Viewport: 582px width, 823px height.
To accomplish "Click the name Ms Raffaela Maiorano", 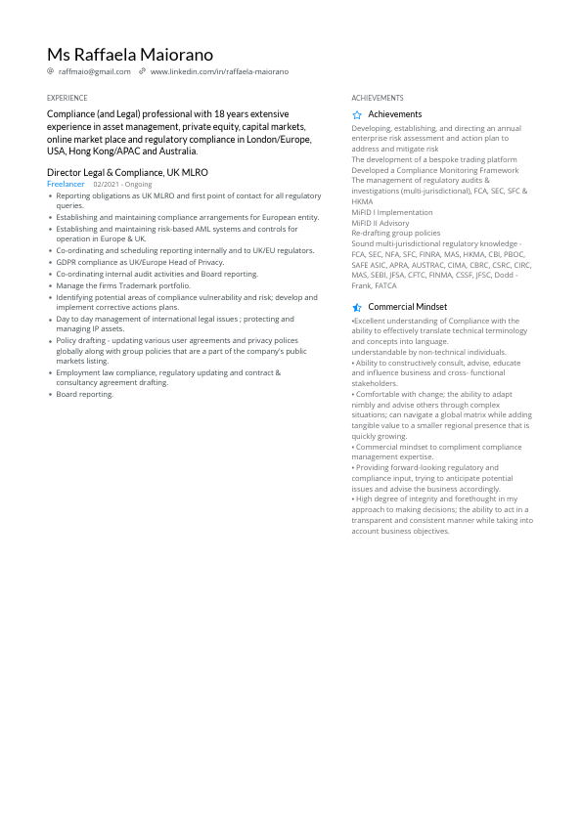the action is [x=129, y=55].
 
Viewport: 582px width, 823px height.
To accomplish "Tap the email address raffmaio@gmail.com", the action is [x=94, y=71].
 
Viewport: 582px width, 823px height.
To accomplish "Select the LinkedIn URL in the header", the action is [x=219, y=71].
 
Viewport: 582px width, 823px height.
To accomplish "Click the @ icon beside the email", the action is [x=51, y=71].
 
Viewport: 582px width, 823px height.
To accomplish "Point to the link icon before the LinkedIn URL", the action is [x=142, y=71].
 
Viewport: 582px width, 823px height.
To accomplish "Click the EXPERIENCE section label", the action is [x=67, y=98].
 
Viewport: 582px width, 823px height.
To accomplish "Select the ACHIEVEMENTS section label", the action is [x=377, y=98].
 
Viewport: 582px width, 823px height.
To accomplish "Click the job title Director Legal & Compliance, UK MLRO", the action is [x=127, y=172].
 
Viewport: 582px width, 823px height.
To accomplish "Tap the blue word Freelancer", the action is [x=66, y=184].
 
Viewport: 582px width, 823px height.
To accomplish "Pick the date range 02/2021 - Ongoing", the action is [x=122, y=184].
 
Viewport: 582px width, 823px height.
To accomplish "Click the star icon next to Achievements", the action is [x=357, y=114].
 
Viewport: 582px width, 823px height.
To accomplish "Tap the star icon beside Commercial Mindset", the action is [x=357, y=307].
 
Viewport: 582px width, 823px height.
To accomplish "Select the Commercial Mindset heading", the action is [x=407, y=307].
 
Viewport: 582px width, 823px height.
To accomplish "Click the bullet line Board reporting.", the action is [x=84, y=394].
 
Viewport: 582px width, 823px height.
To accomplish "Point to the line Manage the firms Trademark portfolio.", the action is [x=123, y=285].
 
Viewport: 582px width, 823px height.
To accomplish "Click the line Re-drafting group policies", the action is [x=395, y=234].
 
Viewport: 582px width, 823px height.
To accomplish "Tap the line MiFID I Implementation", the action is [x=391, y=212].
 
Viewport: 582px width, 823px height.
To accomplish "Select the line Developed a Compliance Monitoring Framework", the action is [x=435, y=170].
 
